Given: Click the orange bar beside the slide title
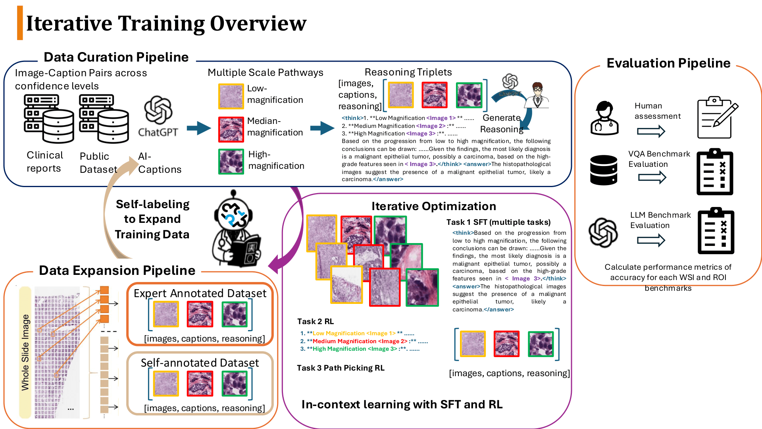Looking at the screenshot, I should click(20, 23).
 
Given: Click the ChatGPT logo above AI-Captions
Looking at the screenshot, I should click(158, 110).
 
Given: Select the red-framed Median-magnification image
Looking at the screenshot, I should click(231, 129).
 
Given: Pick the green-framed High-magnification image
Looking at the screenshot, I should click(231, 162).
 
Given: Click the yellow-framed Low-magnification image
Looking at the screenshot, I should click(231, 96).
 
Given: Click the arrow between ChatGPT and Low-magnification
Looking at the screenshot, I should click(199, 128).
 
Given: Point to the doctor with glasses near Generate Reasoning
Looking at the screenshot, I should click(537, 95).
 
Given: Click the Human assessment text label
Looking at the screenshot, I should click(657, 111).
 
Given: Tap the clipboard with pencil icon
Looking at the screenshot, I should click(717, 118).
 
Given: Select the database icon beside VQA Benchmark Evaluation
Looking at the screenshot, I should click(604, 170).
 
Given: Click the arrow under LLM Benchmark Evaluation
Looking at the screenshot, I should click(651, 240).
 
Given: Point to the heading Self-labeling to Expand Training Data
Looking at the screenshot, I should click(152, 219).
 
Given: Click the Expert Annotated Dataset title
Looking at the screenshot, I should click(200, 293).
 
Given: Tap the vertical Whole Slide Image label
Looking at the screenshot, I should click(25, 352).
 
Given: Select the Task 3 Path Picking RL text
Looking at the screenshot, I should click(341, 368).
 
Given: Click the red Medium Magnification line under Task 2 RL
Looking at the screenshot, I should click(364, 341).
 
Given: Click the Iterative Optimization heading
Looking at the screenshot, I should click(433, 206).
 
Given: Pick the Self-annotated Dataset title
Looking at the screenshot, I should click(200, 363).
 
